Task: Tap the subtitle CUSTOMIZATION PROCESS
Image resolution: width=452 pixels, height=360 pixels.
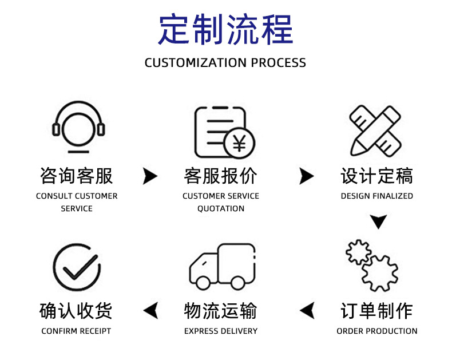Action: click(225, 62)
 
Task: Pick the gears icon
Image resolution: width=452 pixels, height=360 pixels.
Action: click(372, 265)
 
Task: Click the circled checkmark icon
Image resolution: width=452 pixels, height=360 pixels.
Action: click(77, 267)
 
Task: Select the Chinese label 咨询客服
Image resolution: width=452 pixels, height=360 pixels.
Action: click(77, 176)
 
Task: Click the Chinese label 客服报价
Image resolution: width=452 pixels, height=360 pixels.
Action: click(221, 176)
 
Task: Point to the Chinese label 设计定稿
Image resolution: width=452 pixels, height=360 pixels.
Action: click(376, 176)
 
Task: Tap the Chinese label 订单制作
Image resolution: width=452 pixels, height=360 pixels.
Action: click(376, 311)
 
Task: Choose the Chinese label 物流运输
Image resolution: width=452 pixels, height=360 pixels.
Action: click(221, 311)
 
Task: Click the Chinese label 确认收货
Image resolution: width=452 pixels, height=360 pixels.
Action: click(76, 311)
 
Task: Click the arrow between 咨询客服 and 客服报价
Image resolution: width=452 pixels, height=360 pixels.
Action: click(150, 176)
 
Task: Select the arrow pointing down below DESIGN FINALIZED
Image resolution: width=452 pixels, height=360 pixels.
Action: click(378, 221)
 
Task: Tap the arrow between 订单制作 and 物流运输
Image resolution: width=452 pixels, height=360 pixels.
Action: click(308, 311)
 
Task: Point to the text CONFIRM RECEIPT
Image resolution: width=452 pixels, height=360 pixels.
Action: click(76, 331)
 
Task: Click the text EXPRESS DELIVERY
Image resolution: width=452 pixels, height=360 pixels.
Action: click(221, 331)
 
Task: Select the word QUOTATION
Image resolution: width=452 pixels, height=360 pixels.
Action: click(221, 208)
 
